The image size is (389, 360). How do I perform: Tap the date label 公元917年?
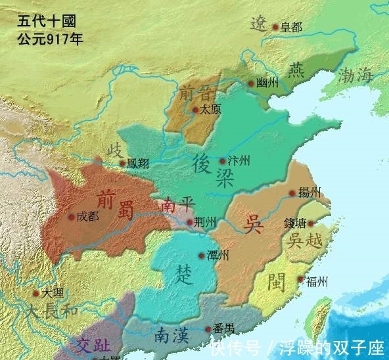(50, 39)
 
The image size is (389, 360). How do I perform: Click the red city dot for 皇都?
(275, 28)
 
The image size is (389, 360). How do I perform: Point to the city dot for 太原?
(194, 110)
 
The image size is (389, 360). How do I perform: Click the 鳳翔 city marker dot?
(122, 163)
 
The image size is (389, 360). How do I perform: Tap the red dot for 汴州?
(222, 160)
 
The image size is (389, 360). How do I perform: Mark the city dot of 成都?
(70, 216)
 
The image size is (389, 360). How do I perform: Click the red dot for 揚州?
(292, 193)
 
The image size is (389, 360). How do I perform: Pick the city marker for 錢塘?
(310, 223)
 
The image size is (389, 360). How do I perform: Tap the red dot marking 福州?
(300, 280)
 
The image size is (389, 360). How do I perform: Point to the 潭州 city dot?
(201, 256)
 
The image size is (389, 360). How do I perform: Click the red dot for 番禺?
(207, 328)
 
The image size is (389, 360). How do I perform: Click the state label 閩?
(276, 282)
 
